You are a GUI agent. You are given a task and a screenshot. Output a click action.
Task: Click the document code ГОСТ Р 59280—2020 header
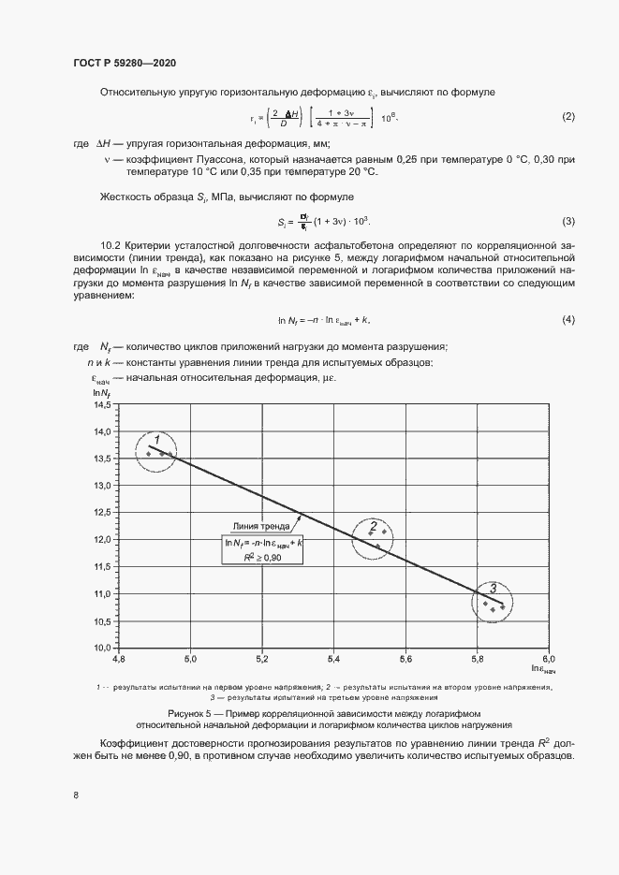point(125,63)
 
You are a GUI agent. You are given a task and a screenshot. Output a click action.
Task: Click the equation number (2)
point(567,117)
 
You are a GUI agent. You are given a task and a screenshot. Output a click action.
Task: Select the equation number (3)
point(567,221)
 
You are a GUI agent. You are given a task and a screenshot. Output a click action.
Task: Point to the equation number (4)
point(567,320)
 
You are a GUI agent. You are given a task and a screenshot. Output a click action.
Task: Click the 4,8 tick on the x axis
point(119,659)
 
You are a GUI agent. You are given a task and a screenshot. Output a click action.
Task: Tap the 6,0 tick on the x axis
point(550,659)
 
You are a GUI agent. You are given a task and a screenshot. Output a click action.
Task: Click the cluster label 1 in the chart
point(157,439)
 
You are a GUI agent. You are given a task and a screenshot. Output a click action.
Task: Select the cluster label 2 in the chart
point(373,525)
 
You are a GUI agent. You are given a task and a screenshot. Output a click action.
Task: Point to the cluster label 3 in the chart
point(494,589)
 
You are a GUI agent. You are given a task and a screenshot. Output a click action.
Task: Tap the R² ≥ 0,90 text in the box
point(265,556)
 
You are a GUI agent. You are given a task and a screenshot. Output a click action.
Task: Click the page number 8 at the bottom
point(76,795)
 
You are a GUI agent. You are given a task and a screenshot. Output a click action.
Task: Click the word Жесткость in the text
point(123,197)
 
